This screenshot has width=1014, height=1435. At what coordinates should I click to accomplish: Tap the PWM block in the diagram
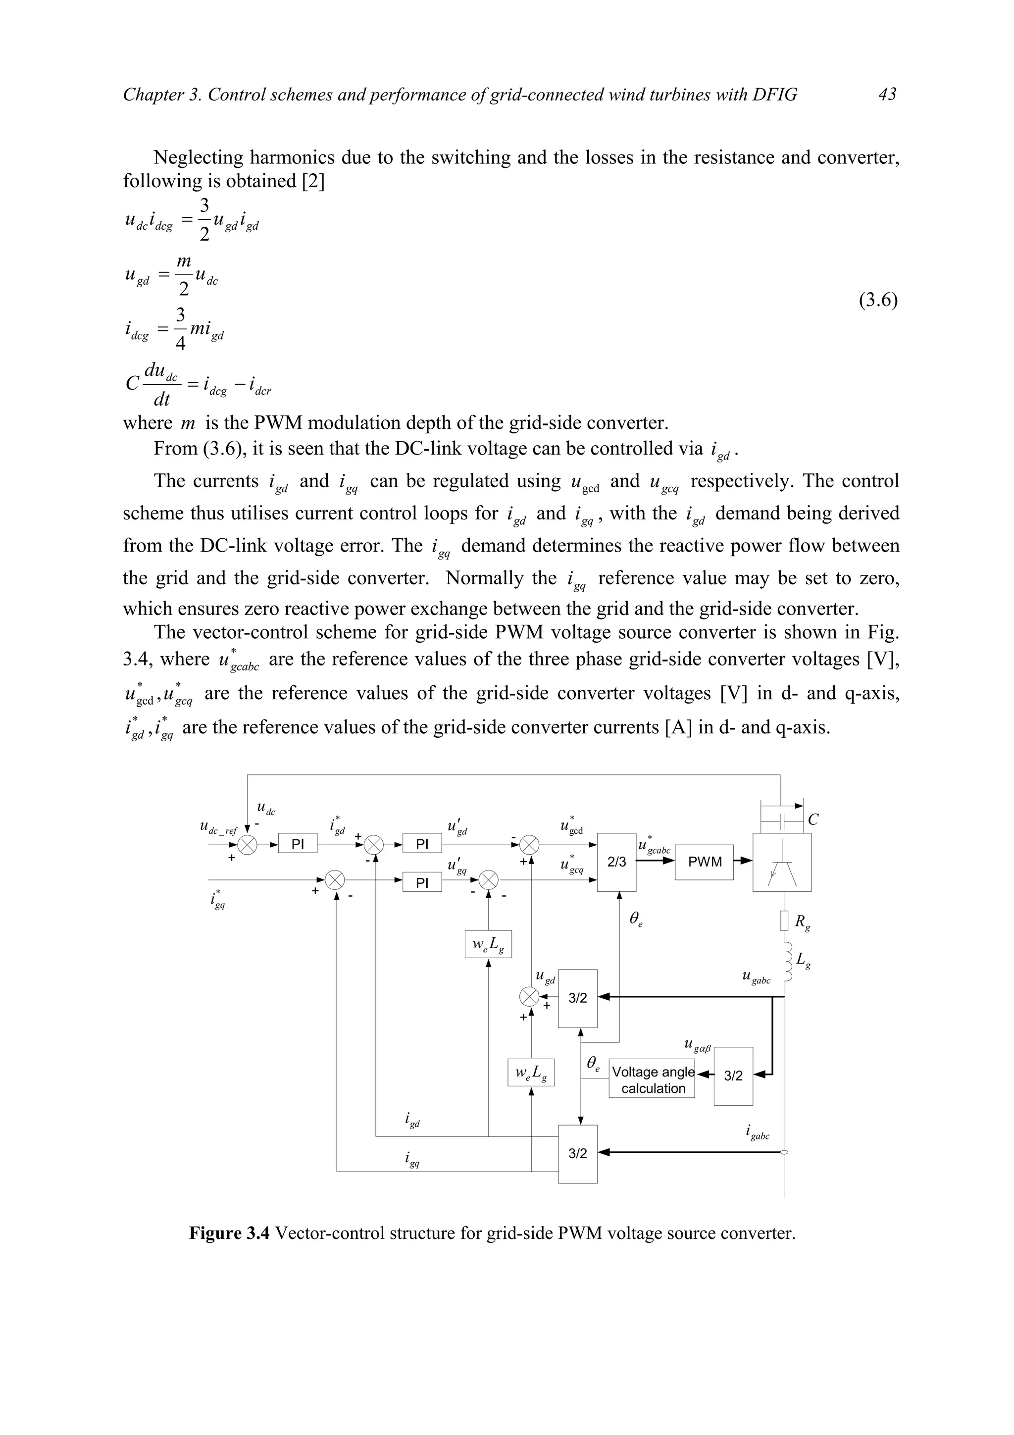pos(704,862)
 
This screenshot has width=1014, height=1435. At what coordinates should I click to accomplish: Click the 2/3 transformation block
pos(616,862)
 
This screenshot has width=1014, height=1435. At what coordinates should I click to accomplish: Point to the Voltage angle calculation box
pos(652,1080)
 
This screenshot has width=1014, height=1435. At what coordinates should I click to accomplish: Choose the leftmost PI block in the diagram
pos(298,844)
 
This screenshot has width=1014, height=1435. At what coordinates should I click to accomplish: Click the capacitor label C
pos(813,820)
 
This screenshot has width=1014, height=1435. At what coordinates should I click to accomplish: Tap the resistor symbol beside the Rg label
pos(784,921)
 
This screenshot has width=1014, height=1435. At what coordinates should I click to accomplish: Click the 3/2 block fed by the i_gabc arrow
pos(577,1154)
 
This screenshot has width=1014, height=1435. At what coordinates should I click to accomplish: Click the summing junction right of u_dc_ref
pos(248,845)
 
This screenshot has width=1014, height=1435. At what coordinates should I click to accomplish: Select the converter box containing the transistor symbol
pos(782,862)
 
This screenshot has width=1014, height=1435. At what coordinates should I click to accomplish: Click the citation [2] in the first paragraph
pos(312,181)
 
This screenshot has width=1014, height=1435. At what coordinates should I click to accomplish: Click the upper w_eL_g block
pos(488,944)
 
